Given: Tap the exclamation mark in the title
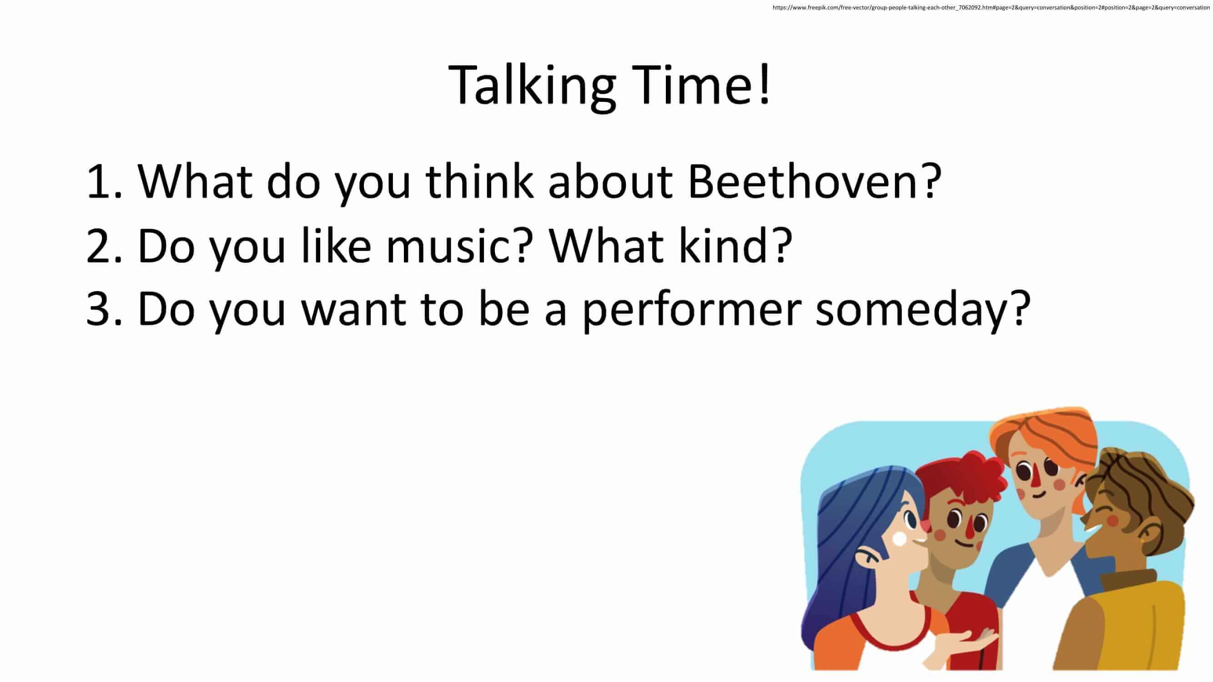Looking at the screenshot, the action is coord(764,84).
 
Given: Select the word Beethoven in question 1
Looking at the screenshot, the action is coord(800,181).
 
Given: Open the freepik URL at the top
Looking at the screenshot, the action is coord(991,8).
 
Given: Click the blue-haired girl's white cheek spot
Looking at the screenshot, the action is coord(899,539).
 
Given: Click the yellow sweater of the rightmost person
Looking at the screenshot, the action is coord(1130,626).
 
